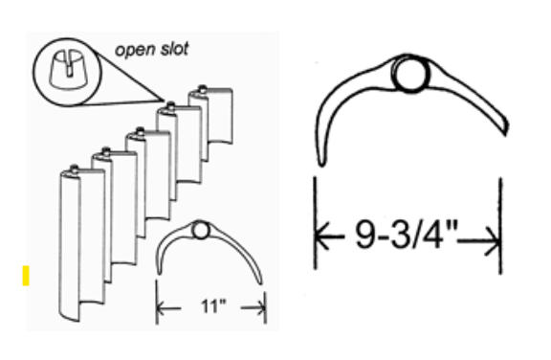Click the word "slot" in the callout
coord(174,49)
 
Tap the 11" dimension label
coord(213,306)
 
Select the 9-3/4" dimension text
coord(406,235)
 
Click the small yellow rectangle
coord(26,276)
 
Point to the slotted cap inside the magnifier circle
coord(68,70)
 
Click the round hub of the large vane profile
coord(410,74)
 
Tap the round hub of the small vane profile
coord(200,231)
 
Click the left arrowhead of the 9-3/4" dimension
coord(322,236)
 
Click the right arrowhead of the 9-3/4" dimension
coord(493,241)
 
